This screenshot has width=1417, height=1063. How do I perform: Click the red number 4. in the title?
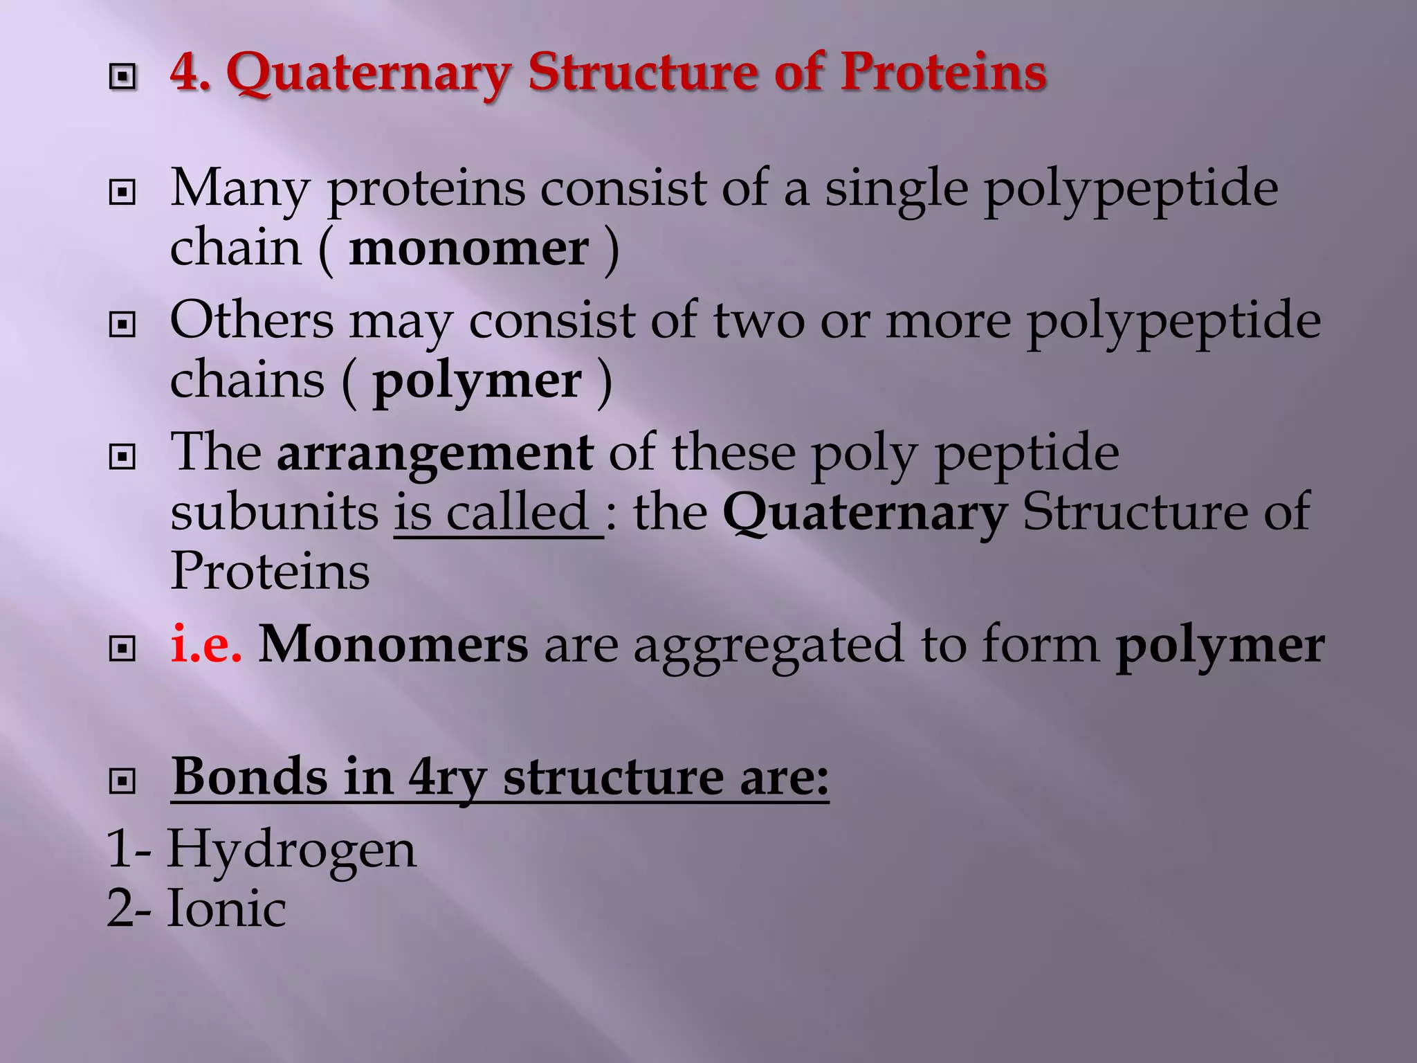pyautogui.click(x=190, y=73)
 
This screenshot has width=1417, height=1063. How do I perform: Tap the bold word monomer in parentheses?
pyautogui.click(x=468, y=248)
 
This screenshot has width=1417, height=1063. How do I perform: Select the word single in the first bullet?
pyautogui.click(x=896, y=188)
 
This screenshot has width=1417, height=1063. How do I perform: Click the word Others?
pyautogui.click(x=252, y=320)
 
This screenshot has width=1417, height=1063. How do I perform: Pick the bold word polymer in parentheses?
pyautogui.click(x=477, y=381)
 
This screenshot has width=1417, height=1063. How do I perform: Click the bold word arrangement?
pyautogui.click(x=435, y=454)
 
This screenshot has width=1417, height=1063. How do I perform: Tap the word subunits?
pyautogui.click(x=274, y=513)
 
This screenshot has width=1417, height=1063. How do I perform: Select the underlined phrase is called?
pyautogui.click(x=497, y=513)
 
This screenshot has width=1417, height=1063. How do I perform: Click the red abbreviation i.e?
pyautogui.click(x=206, y=644)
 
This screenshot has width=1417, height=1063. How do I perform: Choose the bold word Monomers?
pyautogui.click(x=393, y=644)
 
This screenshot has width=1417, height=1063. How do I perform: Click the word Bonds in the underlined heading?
pyautogui.click(x=249, y=776)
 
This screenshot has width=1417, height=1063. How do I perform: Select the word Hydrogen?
pyautogui.click(x=291, y=851)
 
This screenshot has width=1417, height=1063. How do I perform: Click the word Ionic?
pyautogui.click(x=226, y=909)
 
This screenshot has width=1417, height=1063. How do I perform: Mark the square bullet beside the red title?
pyautogui.click(x=122, y=76)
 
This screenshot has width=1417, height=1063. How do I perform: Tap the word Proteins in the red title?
pyautogui.click(x=943, y=73)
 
